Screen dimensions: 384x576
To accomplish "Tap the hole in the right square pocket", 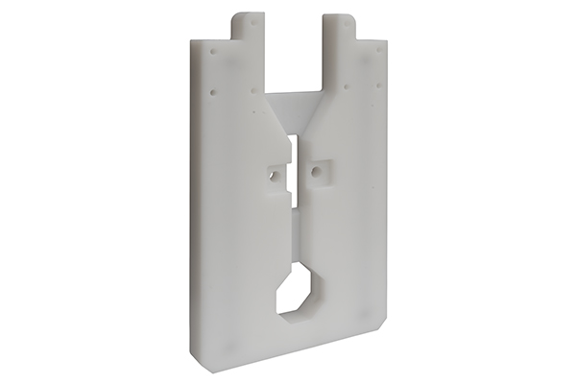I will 314,174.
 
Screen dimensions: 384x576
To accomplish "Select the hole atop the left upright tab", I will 252,20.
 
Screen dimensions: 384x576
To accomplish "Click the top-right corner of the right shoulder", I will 386,43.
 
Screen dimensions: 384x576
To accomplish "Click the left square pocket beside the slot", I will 276,174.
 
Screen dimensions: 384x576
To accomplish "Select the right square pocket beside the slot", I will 318,172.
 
